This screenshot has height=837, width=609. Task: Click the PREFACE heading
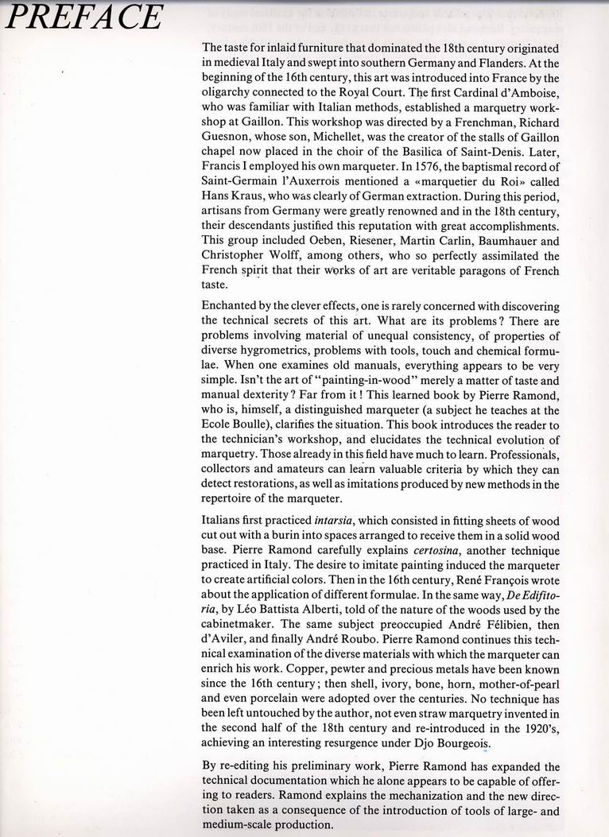point(83,17)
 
